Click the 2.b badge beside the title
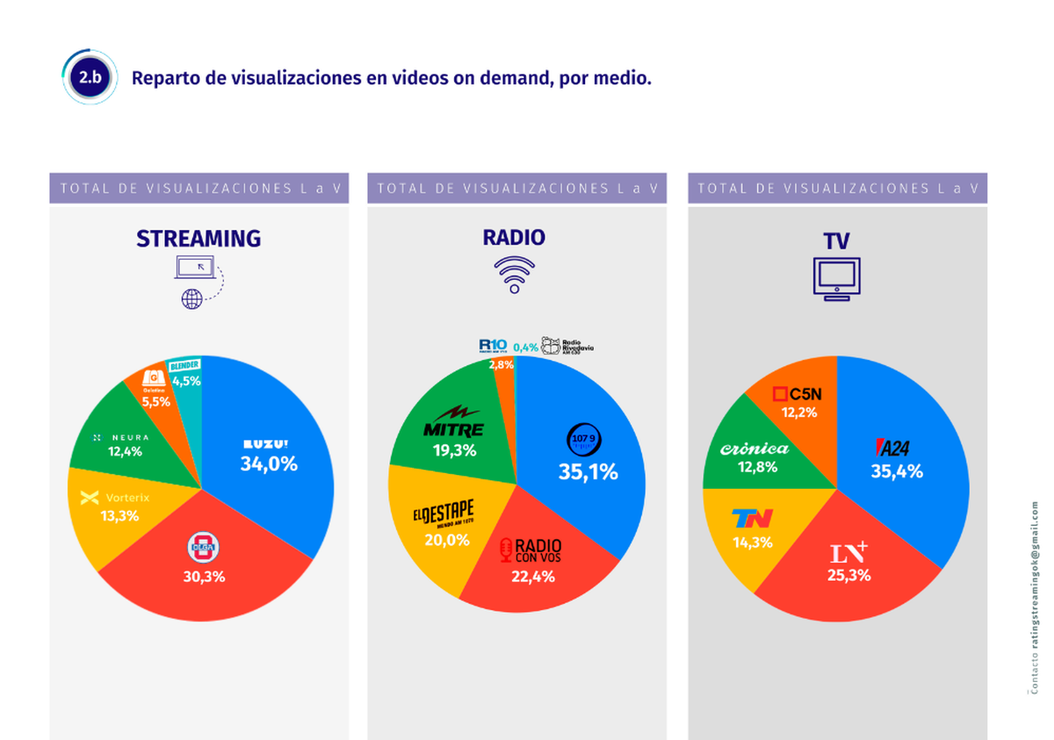(90, 78)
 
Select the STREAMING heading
(199, 238)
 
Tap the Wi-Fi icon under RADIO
(516, 275)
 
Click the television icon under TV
(836, 280)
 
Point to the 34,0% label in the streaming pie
(269, 463)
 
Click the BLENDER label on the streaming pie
(185, 365)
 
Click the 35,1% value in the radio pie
(588, 471)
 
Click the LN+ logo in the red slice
(849, 553)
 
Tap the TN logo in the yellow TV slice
(752, 519)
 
